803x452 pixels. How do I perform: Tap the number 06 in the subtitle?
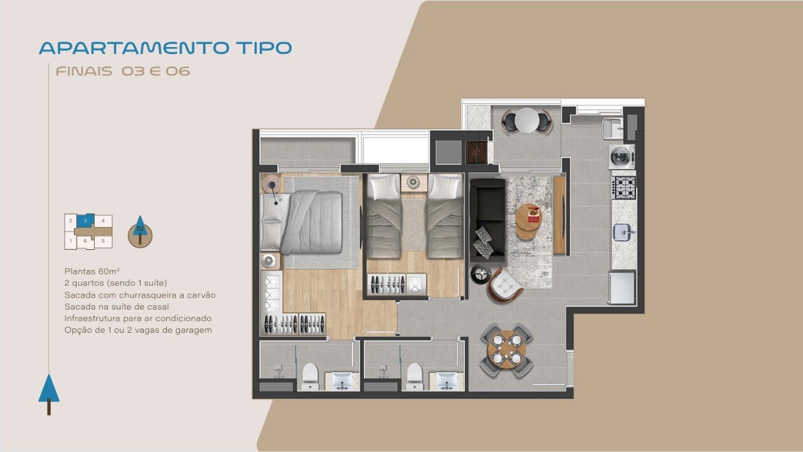(178, 71)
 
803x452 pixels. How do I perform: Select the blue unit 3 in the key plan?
(85, 220)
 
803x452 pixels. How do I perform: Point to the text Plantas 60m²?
(92, 271)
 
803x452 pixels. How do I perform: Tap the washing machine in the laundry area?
(622, 157)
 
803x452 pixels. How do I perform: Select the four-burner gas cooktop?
(624, 188)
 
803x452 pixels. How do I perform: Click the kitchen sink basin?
(623, 232)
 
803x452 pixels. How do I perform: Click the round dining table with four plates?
(506, 349)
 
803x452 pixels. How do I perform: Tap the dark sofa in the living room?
(487, 220)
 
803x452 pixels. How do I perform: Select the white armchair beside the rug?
(505, 286)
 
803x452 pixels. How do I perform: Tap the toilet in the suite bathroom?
(310, 376)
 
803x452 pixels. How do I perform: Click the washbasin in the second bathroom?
(447, 381)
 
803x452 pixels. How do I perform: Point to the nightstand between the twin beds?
(414, 183)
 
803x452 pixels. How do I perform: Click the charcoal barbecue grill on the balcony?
(477, 152)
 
